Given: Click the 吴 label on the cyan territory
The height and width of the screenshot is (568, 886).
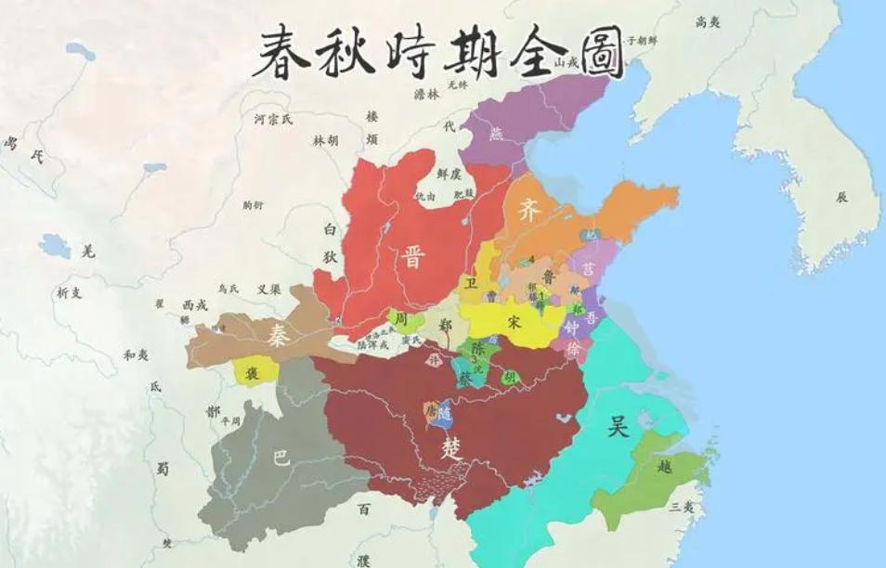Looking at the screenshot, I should (x=618, y=426).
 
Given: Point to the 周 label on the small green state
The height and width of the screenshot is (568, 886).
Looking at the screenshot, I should (x=402, y=319).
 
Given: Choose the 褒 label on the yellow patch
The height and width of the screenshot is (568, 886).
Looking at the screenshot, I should (x=251, y=373).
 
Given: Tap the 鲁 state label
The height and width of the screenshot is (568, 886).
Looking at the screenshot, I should (x=550, y=275).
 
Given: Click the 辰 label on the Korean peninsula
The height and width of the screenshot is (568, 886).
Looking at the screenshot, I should (x=841, y=197).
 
